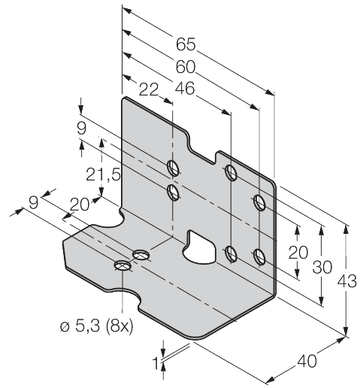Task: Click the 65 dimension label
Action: point(186,44)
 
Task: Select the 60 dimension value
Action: point(185,67)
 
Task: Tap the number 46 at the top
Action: point(185,89)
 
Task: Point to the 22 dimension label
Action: point(149,89)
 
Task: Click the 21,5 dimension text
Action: point(103,174)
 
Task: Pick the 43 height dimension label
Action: point(346,281)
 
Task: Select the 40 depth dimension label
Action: point(307,361)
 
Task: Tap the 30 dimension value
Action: point(322,267)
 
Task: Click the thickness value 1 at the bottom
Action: point(156,362)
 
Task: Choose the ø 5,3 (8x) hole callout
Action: point(97,326)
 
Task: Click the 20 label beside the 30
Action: point(298,253)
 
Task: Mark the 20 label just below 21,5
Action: point(80,205)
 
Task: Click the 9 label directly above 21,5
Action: point(82,129)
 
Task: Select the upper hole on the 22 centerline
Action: point(173,168)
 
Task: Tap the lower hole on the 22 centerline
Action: point(173,192)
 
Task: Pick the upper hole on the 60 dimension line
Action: point(259,202)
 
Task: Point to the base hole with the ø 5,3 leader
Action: point(123,265)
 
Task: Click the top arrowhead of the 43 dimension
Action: point(346,229)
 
